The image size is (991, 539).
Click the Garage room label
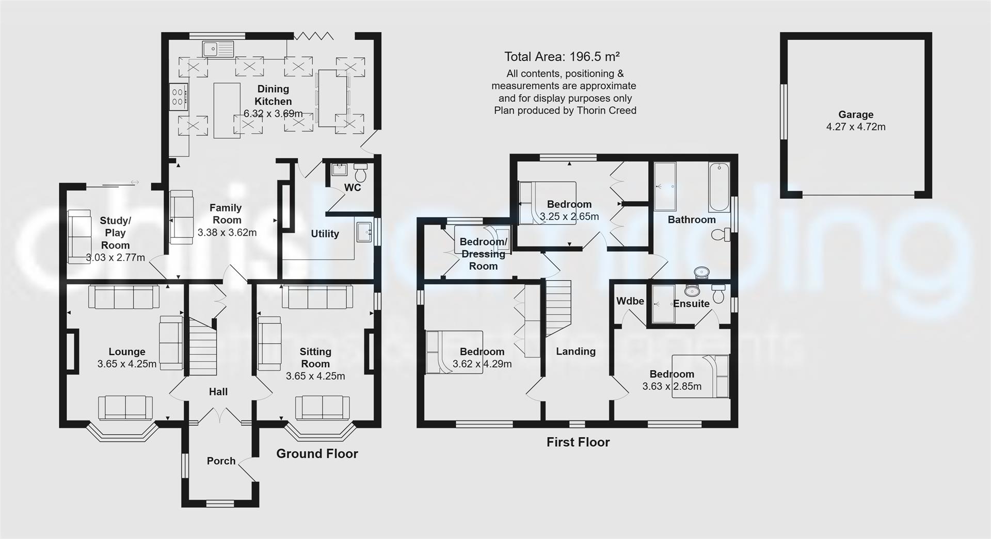pos(855,115)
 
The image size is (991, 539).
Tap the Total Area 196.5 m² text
pos(562,57)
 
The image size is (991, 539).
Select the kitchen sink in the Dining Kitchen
pos(218,49)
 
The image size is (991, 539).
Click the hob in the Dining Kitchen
pos(178,96)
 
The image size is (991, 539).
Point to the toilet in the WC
pos(360,173)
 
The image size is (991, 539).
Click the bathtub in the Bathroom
pos(718,187)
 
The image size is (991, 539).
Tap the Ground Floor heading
pos(317,453)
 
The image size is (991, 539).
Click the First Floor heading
pos(578,442)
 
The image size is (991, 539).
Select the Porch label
pos(221,461)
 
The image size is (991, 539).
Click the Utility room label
pos(325,234)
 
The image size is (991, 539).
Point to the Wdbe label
pos(630,301)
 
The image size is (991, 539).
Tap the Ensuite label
pos(691,303)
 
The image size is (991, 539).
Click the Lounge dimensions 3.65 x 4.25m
pos(126,364)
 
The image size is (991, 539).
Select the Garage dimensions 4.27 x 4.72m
pos(855,127)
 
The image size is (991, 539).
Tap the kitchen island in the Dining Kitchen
pos(227,110)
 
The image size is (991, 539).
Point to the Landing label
pos(576,351)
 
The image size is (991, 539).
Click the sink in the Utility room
pos(364,232)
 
